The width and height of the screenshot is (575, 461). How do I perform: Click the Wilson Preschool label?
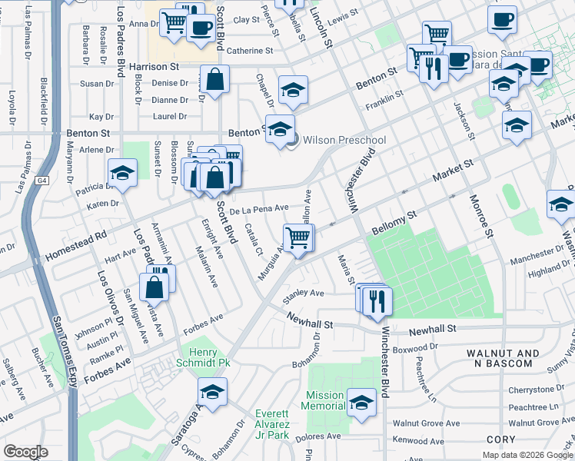point(344,140)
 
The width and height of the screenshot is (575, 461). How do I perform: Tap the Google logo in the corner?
point(26,452)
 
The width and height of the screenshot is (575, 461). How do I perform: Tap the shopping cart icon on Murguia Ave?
point(298,237)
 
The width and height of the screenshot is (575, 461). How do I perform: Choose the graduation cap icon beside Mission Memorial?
point(361,402)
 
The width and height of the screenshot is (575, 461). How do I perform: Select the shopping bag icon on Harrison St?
point(215,79)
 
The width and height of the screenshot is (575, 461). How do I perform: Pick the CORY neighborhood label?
point(500,439)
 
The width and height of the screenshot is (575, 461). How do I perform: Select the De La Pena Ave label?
point(258,207)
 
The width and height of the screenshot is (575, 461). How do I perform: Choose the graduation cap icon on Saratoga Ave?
point(213,391)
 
